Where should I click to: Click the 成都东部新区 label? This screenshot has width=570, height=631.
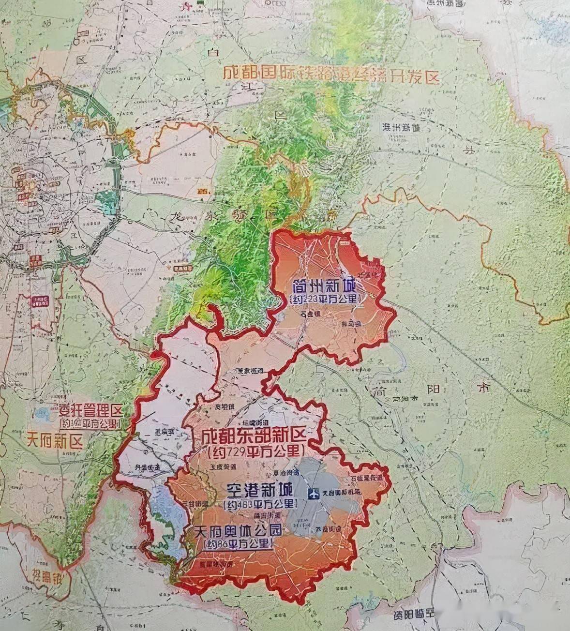coord(254,436)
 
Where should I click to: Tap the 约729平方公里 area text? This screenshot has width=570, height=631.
coord(255,453)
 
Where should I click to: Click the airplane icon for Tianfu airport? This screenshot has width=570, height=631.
coord(314,494)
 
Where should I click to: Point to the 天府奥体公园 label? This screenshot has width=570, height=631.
coord(239,531)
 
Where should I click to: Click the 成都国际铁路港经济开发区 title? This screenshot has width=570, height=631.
coord(331,75)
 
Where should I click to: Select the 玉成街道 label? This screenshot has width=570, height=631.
coord(223,467)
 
